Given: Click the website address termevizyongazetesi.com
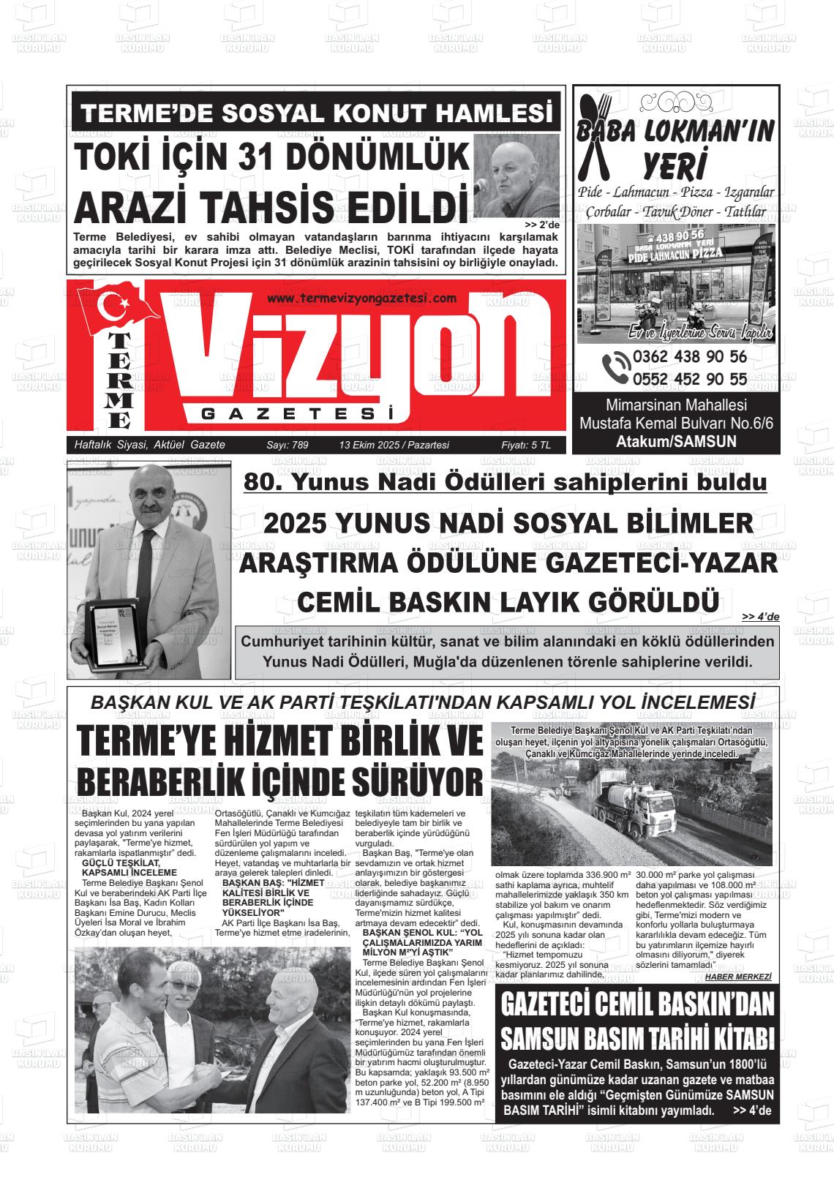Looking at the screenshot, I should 362,298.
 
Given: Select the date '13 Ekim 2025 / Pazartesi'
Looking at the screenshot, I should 394,445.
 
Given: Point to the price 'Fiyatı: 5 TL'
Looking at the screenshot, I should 526,445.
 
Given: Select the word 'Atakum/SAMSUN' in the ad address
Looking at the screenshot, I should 676,441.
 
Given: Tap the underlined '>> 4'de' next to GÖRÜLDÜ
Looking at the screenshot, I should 760,617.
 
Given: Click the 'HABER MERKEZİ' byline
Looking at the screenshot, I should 738,976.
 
